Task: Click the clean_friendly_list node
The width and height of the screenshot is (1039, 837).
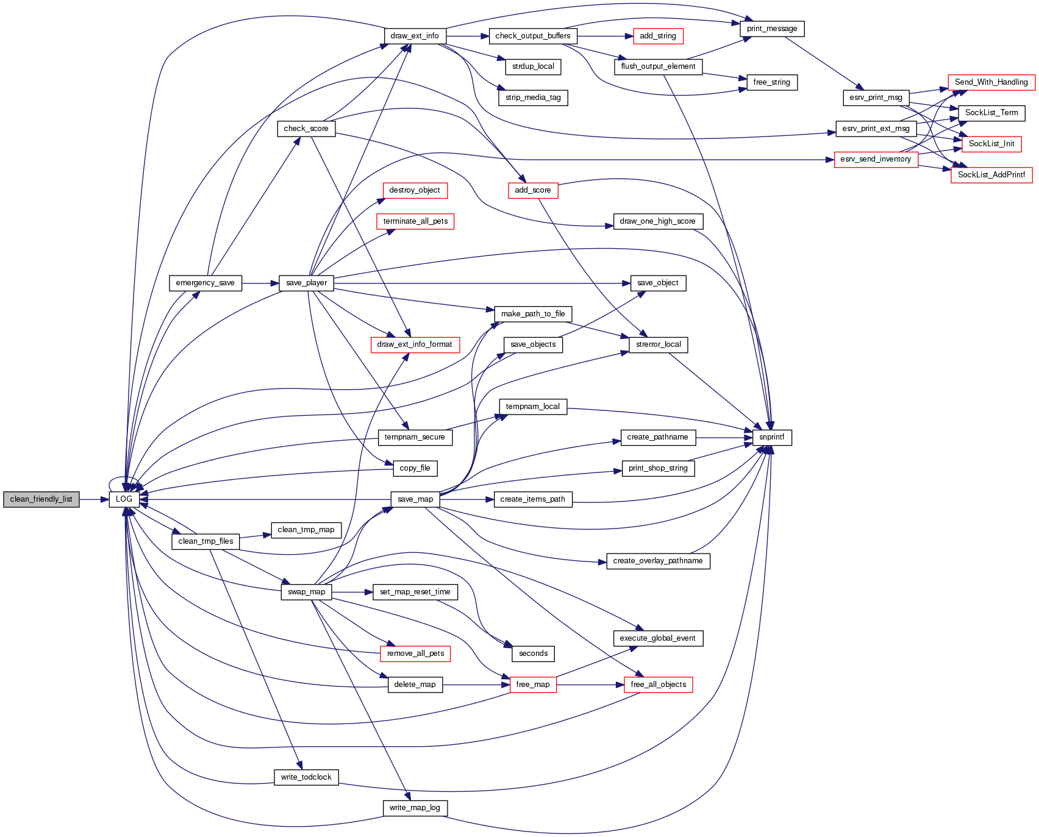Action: tap(41, 499)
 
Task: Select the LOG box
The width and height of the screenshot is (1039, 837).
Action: tap(124, 499)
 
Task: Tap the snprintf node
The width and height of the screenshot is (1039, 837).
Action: tap(772, 437)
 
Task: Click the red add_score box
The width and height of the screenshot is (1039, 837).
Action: tap(532, 190)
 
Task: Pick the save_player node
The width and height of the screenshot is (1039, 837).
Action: tap(306, 283)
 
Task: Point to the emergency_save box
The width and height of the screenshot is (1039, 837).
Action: tap(205, 283)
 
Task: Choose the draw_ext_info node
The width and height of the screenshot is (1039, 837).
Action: tap(415, 36)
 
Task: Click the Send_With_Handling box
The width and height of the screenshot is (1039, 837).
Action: tap(991, 82)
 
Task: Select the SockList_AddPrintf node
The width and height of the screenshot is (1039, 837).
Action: tap(991, 175)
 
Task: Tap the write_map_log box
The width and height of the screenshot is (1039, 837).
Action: tap(415, 808)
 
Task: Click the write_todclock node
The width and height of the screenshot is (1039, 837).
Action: tap(306, 777)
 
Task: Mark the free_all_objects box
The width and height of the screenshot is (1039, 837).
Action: tap(658, 685)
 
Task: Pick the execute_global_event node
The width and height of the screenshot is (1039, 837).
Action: tap(657, 638)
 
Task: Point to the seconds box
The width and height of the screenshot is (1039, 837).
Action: tap(533, 654)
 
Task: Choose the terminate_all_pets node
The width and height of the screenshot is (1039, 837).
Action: tap(415, 221)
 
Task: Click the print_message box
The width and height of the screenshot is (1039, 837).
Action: tap(772, 29)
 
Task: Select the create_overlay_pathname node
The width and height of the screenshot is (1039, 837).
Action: tap(658, 561)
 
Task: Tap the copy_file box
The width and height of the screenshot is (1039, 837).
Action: tap(415, 468)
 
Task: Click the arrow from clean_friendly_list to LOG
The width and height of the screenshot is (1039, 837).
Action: tap(94, 499)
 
